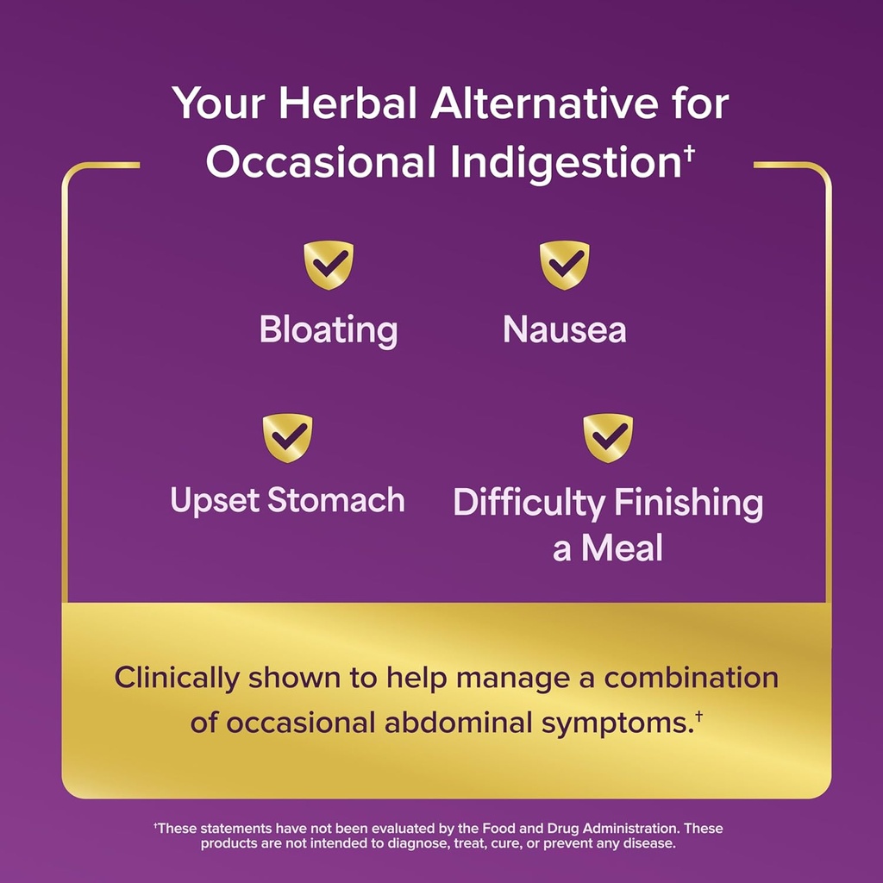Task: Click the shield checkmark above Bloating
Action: coord(329,265)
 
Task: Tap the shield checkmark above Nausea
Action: coord(565,265)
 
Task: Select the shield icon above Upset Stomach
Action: coord(287,437)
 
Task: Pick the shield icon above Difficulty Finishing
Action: coord(608,437)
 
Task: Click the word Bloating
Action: coord(329,330)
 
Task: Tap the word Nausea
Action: coord(565,330)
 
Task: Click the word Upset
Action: coord(216,501)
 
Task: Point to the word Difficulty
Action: coord(528,504)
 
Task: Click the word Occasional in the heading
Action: coord(320,162)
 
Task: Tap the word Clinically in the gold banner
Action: coord(176,678)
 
